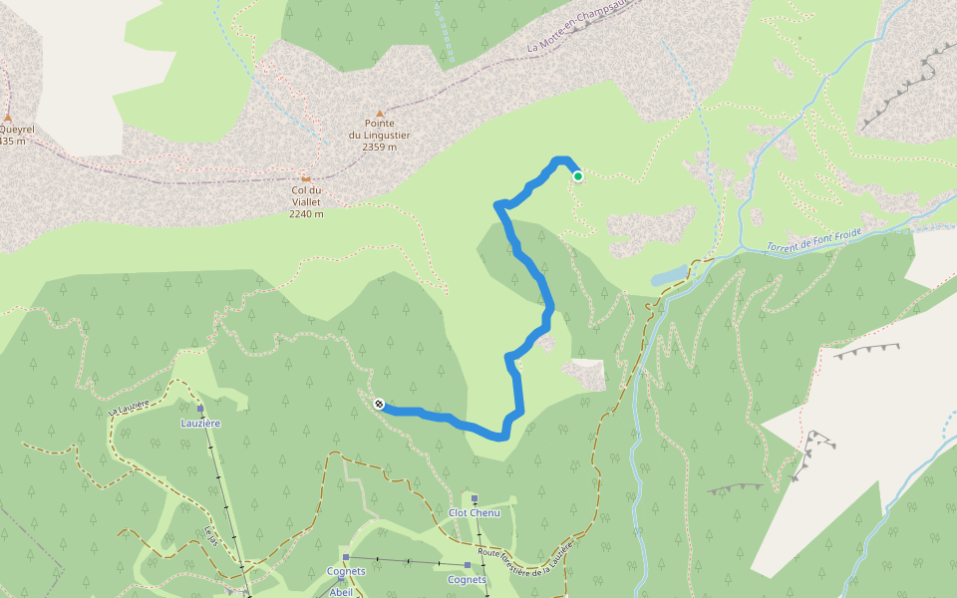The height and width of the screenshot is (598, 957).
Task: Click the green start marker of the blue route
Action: click(577, 176)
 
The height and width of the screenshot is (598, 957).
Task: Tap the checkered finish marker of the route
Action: click(379, 404)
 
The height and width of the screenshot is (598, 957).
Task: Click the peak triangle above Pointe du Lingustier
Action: click(379, 115)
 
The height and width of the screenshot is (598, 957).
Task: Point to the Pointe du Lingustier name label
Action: click(379, 129)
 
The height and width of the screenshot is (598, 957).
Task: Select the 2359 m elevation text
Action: click(379, 147)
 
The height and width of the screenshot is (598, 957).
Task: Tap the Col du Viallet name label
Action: click(306, 195)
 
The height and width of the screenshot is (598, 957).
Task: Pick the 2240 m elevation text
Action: click(306, 213)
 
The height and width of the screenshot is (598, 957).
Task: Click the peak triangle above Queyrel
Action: click(8, 117)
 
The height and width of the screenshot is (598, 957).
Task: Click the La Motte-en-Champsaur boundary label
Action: click(581, 32)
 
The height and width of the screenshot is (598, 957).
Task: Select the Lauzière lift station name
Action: click(200, 423)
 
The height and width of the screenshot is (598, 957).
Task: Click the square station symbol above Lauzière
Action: click(200, 409)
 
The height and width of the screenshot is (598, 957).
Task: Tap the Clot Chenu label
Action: click(474, 512)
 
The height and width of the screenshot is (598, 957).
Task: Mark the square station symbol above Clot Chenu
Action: click(475, 499)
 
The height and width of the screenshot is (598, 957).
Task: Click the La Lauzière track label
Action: click(128, 408)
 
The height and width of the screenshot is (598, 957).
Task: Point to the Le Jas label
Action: click(210, 535)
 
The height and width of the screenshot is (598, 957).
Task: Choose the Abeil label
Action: click(342, 591)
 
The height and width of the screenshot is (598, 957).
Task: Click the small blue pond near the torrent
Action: click(671, 274)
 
